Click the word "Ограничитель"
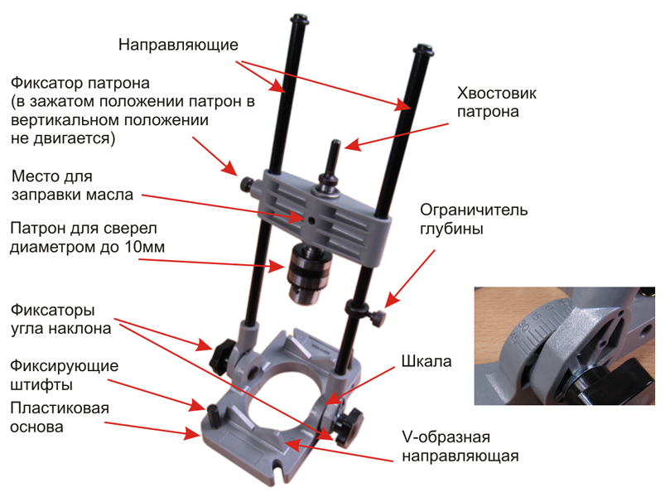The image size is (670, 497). (x=470, y=207)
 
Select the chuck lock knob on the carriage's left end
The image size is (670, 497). (x=246, y=183)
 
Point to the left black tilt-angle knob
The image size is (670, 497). (x=220, y=355)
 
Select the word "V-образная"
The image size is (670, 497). (x=431, y=437)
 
